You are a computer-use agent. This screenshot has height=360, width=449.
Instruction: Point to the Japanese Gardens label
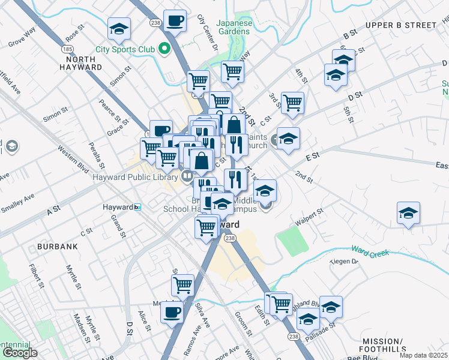(x=234, y=27)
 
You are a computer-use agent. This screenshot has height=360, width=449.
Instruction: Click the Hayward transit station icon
(x=138, y=207)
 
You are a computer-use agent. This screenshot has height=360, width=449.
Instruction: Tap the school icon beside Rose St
(x=119, y=29)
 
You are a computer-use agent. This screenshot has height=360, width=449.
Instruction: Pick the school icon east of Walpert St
(x=408, y=213)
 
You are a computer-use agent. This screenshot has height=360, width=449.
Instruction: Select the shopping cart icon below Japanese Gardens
(x=232, y=71)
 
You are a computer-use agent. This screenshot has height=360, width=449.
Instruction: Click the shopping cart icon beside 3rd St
(x=292, y=103)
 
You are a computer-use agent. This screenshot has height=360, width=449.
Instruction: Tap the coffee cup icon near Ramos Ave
(x=172, y=312)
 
